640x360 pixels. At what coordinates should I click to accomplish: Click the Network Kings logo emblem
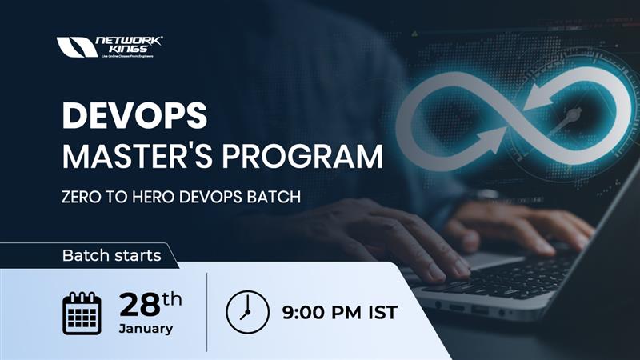[x=77, y=47]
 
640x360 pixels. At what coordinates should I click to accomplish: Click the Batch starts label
[x=111, y=256]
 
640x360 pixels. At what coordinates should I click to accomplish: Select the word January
[x=146, y=329]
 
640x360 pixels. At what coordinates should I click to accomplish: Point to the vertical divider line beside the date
[x=206, y=312]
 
